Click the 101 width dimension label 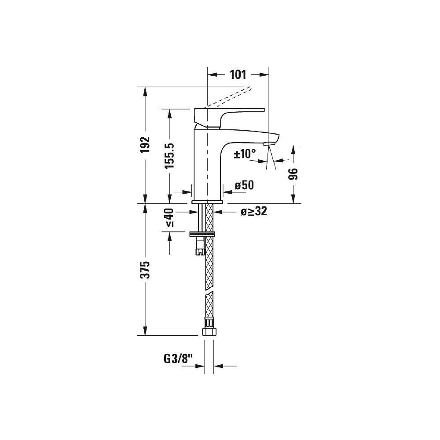pyautogui.click(x=238, y=74)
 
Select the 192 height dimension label pyautogui.click(x=145, y=145)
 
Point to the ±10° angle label pyautogui.click(x=245, y=154)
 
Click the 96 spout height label pyautogui.click(x=293, y=174)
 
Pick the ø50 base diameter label pyautogui.click(x=244, y=185)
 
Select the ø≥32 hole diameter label pyautogui.click(x=253, y=212)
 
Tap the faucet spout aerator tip pyautogui.click(x=268, y=143)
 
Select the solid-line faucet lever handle pyautogui.click(x=229, y=114)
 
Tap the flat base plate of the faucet pyautogui.click(x=208, y=202)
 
